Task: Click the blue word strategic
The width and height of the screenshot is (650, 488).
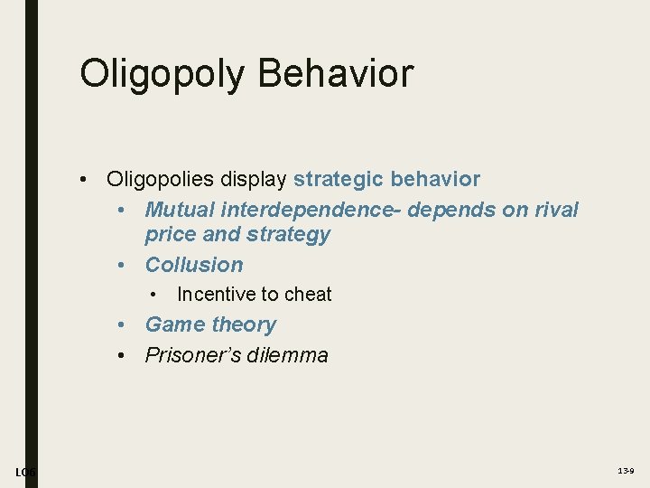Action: [x=339, y=180]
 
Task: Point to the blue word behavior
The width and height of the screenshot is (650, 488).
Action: [x=435, y=180]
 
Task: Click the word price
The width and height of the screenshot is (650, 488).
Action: [x=168, y=235]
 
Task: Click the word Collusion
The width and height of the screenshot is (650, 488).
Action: [x=194, y=265]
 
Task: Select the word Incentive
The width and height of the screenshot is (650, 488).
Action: [x=215, y=295]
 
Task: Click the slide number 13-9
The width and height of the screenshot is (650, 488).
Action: [x=625, y=472]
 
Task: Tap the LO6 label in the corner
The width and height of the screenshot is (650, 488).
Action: [x=25, y=472]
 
